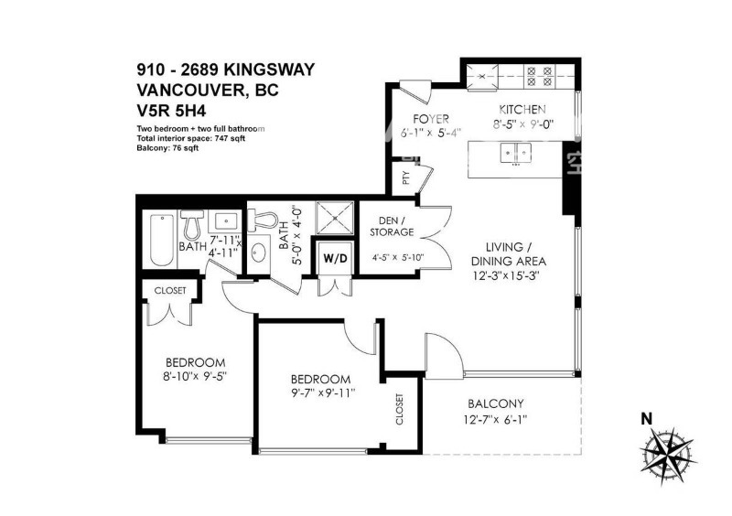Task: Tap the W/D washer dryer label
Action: point(336,259)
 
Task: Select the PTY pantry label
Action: point(405,177)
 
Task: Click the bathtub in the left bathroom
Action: point(162,240)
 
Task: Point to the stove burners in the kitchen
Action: point(539,76)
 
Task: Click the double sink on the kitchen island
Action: point(516,152)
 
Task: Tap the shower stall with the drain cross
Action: point(335,217)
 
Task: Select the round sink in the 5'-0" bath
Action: point(258,253)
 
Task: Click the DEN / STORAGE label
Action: point(392,226)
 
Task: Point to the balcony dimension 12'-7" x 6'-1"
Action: point(495,420)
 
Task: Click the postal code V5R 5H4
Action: point(171,111)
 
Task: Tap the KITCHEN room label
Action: point(522,109)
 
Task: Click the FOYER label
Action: point(431,119)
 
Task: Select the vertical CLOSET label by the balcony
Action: point(400,410)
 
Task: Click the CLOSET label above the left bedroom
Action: point(170,290)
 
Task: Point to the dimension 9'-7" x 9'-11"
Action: point(323,393)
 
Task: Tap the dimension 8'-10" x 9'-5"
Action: point(195,376)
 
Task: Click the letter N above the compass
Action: point(647,419)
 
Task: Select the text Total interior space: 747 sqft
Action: point(191,138)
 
